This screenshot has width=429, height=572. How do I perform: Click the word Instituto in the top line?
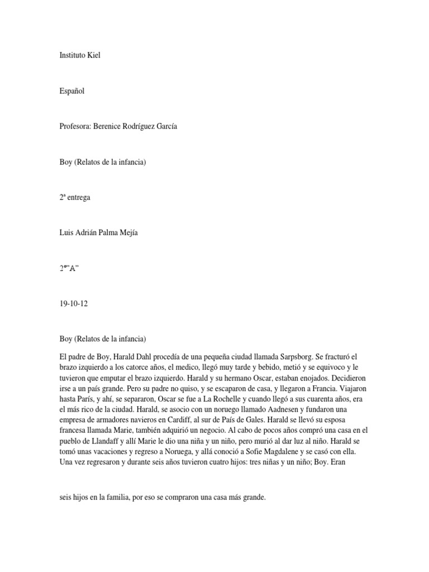[73, 56]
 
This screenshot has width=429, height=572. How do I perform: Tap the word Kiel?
[93, 56]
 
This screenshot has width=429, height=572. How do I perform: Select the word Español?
[72, 91]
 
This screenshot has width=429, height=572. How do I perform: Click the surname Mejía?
[126, 233]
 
